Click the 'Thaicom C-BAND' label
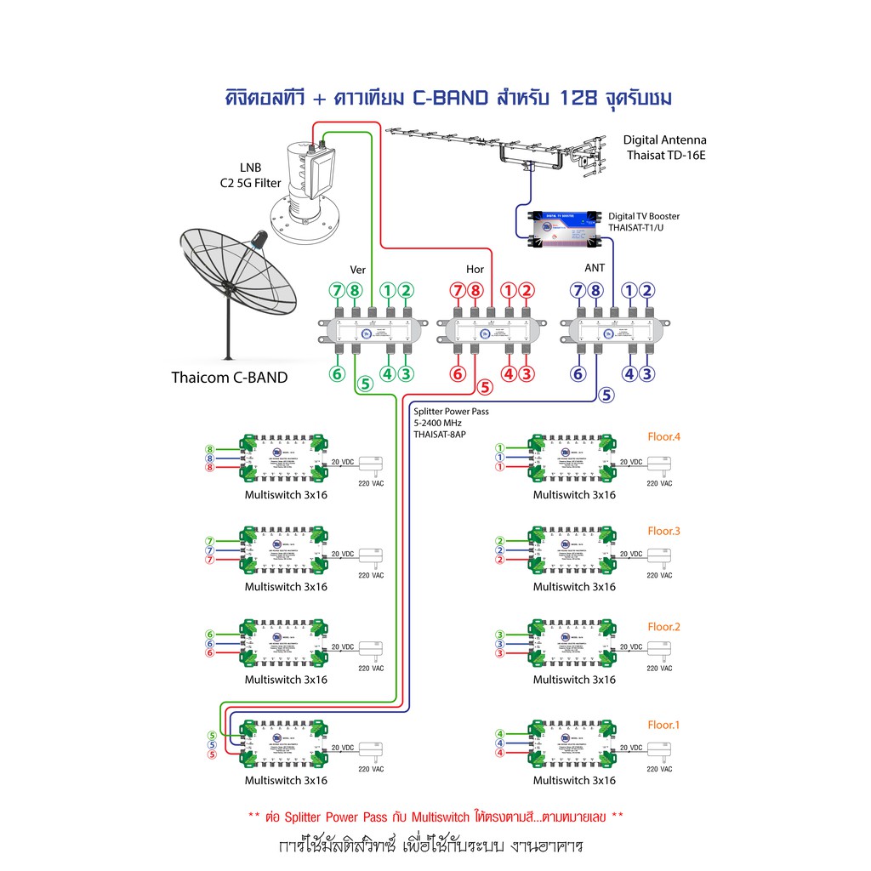tap(229, 378)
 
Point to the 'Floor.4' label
tap(664, 437)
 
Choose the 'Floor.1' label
tap(664, 725)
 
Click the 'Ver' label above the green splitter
tap(358, 270)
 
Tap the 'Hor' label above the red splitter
tap(475, 270)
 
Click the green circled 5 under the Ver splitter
tap(365, 384)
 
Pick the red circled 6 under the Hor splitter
tap(458, 373)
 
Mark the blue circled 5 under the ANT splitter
tap(606, 395)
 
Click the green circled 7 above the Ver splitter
tap(338, 291)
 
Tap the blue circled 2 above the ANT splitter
tap(646, 291)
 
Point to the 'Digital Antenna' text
tap(664, 140)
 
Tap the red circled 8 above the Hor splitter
tap(475, 291)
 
